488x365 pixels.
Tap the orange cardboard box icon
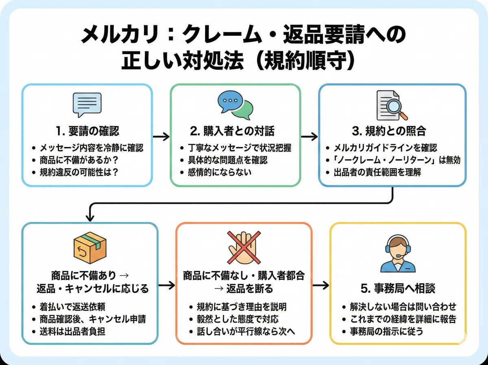click(x=90, y=248)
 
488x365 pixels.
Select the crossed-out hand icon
click(x=244, y=248)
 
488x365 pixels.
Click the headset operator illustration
click(x=398, y=253)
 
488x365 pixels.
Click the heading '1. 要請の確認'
click(x=87, y=131)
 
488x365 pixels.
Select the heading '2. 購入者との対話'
click(x=232, y=131)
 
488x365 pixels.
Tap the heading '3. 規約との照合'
click(x=389, y=131)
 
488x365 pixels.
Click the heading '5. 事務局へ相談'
click(x=398, y=288)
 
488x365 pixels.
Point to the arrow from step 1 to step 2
click(x=161, y=136)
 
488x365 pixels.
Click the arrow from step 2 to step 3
click(x=309, y=136)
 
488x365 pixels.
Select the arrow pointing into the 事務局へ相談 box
click(x=321, y=285)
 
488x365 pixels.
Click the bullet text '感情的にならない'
click(x=220, y=172)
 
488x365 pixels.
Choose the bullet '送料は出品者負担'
click(x=72, y=331)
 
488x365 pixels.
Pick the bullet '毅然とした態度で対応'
click(x=237, y=319)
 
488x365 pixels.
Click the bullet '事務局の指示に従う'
click(x=386, y=331)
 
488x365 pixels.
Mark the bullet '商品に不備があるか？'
click(x=79, y=160)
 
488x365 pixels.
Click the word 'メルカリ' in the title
click(x=120, y=35)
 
